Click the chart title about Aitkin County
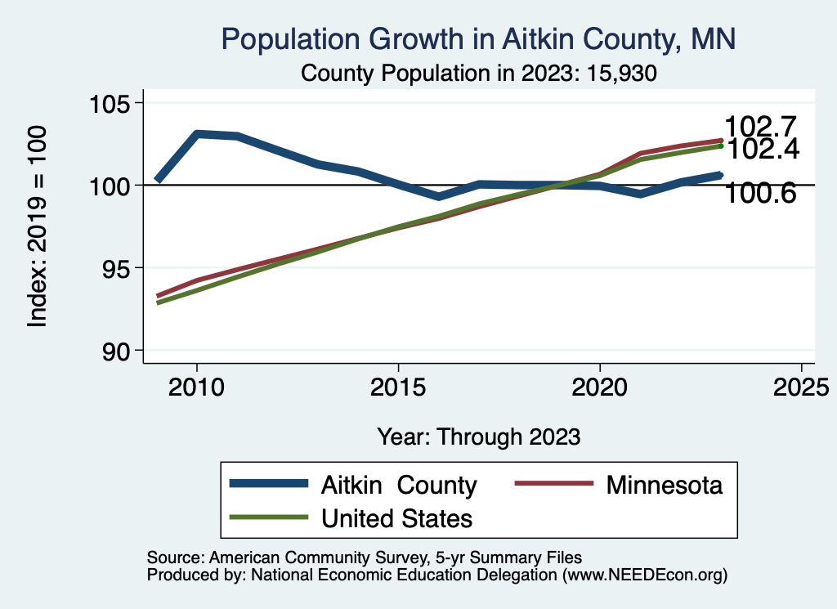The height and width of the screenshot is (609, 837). [478, 38]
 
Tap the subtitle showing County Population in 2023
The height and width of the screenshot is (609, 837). [480, 73]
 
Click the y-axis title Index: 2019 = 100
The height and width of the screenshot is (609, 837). [38, 227]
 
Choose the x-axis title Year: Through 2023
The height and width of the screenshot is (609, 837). [478, 437]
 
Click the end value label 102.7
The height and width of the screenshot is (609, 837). [760, 128]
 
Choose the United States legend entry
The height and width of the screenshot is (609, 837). [396, 517]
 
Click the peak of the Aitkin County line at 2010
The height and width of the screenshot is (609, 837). [196, 133]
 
